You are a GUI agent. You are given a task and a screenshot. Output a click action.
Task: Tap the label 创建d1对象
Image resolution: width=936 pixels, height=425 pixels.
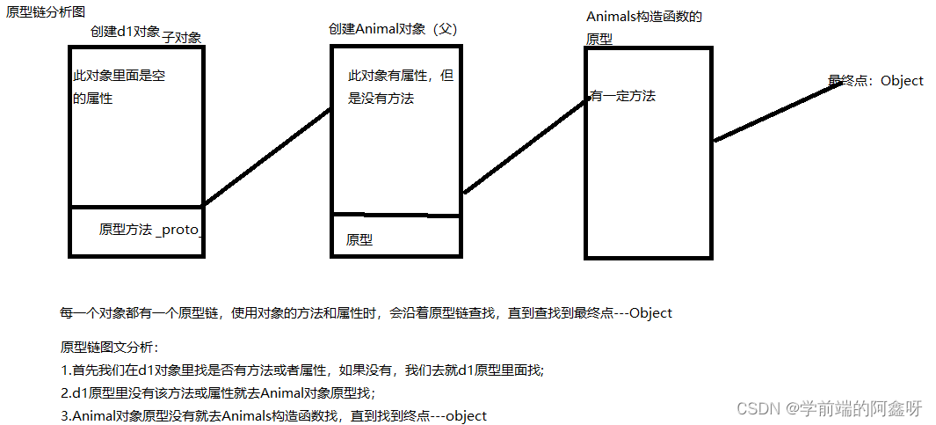click(125, 32)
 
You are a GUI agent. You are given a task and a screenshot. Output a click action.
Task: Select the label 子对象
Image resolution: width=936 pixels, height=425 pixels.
click(182, 38)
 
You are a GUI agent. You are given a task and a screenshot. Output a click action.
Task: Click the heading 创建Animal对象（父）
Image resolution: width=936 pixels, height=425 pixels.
click(393, 29)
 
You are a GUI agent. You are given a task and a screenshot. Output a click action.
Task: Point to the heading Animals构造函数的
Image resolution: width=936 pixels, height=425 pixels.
click(644, 17)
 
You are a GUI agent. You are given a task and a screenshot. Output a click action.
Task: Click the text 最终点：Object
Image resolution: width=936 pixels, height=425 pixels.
click(875, 81)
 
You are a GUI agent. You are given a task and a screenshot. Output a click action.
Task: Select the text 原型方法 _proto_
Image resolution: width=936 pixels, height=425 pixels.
click(151, 230)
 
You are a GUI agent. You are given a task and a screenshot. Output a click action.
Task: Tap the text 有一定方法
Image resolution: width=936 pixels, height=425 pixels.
click(622, 96)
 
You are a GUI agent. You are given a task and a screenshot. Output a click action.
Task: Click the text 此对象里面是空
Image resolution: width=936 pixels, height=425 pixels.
click(120, 77)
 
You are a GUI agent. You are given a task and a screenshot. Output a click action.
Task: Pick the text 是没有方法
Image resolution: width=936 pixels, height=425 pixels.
click(381, 99)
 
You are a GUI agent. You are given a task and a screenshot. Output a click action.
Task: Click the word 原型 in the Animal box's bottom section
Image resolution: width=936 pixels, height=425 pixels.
click(359, 239)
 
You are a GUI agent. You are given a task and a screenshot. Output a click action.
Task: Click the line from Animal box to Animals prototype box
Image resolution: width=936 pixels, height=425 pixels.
click(526, 145)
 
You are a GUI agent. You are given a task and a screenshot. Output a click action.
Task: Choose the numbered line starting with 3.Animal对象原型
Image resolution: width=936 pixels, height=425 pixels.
click(273, 415)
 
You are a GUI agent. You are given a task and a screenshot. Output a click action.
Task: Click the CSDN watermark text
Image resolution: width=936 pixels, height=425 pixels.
click(829, 408)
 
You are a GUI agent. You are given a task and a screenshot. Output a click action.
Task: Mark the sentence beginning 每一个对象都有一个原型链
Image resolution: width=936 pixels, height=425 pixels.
click(365, 313)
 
